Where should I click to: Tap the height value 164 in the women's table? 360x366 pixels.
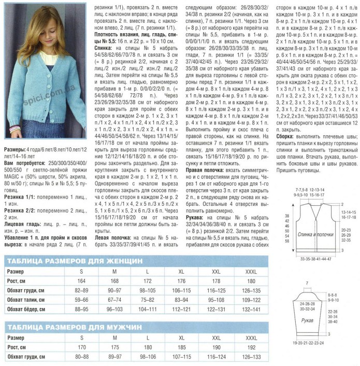click(x=81, y=280)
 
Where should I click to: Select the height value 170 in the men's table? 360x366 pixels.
click(x=81, y=347)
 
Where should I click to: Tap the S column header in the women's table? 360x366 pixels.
click(x=81, y=270)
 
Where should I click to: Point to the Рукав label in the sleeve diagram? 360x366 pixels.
click(x=310, y=319)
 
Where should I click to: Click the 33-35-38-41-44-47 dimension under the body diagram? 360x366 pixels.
click(x=315, y=258)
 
